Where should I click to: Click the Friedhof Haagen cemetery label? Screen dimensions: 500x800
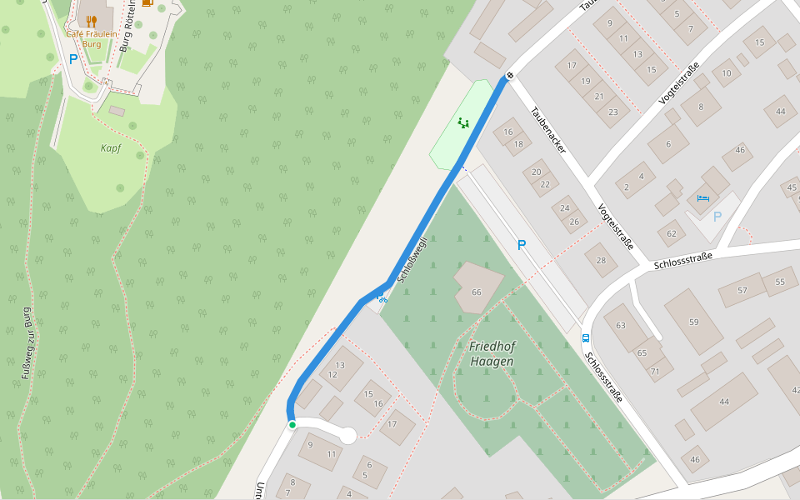coord(492,353)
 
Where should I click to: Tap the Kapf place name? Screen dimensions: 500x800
coord(111,148)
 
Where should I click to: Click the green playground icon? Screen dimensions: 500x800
coord(462,123)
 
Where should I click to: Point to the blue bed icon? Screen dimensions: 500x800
coord(702,198)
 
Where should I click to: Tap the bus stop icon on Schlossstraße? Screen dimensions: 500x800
coord(585,338)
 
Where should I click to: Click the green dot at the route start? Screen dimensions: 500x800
coord(292,425)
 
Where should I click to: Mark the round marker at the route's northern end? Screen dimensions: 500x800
coord(509,76)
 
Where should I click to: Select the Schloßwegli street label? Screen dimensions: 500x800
coord(412,260)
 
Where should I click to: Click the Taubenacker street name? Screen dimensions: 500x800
coord(549,130)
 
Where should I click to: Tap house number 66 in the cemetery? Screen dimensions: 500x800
coord(477,292)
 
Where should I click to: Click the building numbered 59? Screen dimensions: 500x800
coord(693,321)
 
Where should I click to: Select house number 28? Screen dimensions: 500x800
coord(601,261)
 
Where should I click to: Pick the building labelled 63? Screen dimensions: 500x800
coord(620,325)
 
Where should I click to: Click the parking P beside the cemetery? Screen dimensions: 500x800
coord(522,245)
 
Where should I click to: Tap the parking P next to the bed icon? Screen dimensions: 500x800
coord(717,217)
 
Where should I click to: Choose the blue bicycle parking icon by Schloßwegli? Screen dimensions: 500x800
coord(382,298)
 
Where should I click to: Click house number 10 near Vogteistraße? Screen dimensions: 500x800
coord(727,73)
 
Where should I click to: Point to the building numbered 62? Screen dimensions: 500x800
coord(671,233)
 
